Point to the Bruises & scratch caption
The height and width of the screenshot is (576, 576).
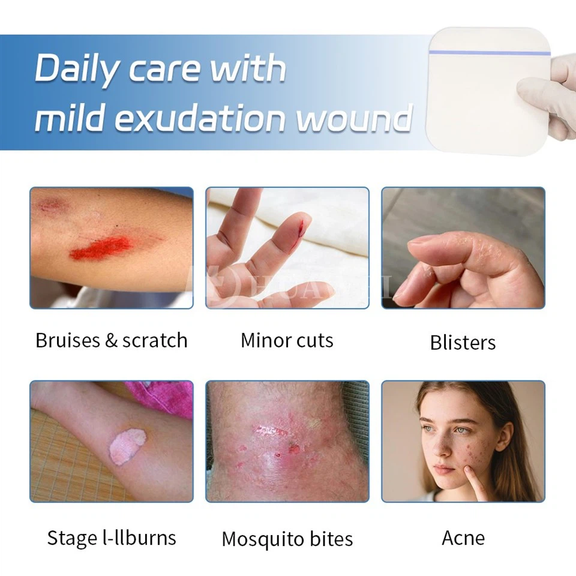[x=112, y=340]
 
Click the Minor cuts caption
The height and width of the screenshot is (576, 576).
[x=287, y=340]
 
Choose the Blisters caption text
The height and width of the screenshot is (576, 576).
[x=463, y=343]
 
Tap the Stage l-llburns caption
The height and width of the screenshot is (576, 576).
[x=112, y=538]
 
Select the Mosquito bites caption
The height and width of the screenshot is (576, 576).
[x=287, y=539]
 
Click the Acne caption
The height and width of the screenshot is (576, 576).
[x=463, y=538]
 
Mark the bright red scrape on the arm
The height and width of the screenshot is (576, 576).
[x=102, y=247]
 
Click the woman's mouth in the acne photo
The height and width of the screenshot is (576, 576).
[x=444, y=469]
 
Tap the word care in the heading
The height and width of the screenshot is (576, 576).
[x=159, y=70]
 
